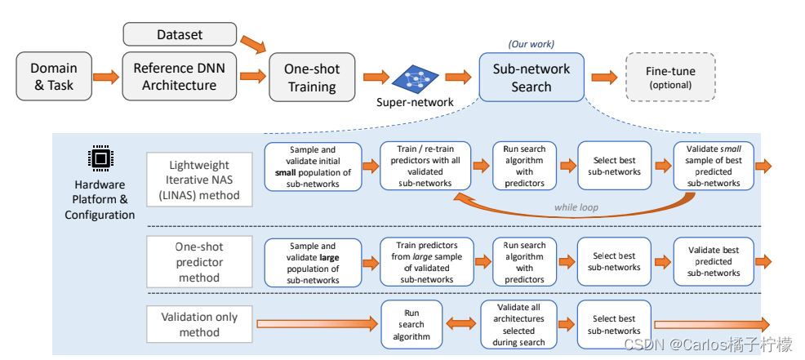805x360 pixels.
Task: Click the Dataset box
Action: tap(180, 35)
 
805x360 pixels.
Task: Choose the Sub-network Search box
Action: tap(531, 78)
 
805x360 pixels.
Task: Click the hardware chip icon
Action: tap(100, 158)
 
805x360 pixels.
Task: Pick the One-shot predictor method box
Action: tap(199, 260)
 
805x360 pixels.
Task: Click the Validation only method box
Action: tap(199, 324)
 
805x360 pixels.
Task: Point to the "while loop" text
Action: tap(576, 207)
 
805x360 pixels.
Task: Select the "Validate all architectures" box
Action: tap(518, 324)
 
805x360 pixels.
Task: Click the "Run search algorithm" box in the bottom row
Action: tap(411, 324)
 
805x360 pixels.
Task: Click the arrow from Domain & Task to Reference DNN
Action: tap(105, 78)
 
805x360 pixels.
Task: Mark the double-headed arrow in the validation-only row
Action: tap(465, 324)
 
